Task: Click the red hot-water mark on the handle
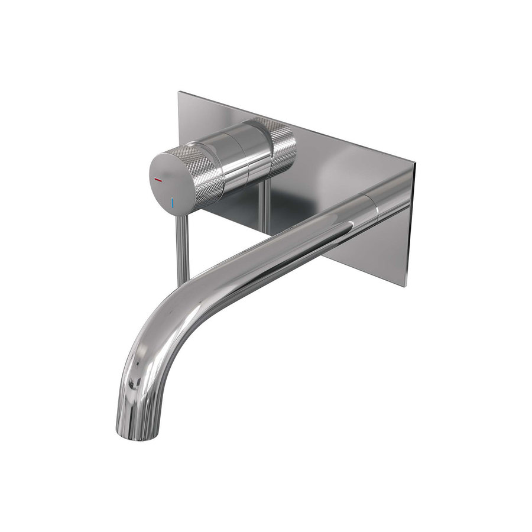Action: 158,178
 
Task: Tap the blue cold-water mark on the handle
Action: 173,203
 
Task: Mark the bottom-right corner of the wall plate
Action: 408,287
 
